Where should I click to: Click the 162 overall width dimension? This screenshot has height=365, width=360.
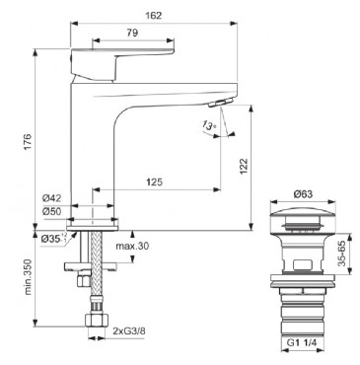pyautogui.click(x=154, y=15)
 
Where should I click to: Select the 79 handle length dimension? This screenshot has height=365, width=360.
pyautogui.click(x=132, y=33)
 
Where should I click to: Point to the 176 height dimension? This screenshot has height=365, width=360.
pyautogui.click(x=28, y=141)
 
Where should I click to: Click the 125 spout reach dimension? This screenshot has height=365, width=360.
pyautogui.click(x=154, y=182)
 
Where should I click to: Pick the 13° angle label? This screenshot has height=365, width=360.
pyautogui.click(x=209, y=125)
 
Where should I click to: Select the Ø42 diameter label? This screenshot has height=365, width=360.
pyautogui.click(x=51, y=198)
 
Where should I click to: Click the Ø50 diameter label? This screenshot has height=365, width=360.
pyautogui.click(x=51, y=211)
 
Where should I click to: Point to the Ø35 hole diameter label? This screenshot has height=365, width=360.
pyautogui.click(x=54, y=238)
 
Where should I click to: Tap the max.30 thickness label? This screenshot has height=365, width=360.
pyautogui.click(x=132, y=246)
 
